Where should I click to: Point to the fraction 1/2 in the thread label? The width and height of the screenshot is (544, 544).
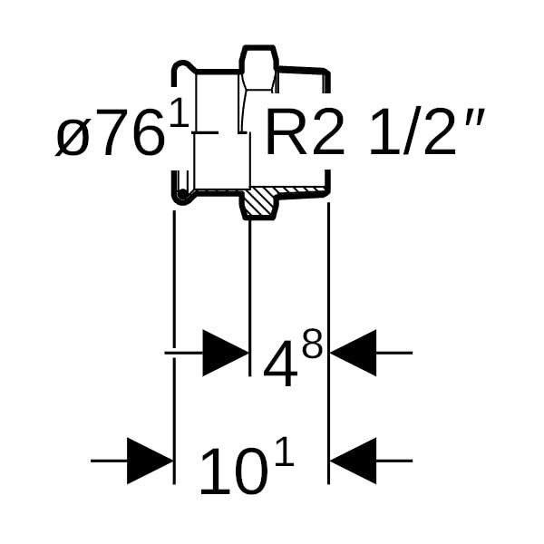pos(405,135)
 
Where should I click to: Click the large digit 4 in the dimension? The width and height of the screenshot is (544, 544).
pos(280,366)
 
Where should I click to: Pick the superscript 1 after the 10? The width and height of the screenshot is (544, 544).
pos(284,451)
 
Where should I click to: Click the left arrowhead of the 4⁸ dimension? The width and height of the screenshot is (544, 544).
pos(225,352)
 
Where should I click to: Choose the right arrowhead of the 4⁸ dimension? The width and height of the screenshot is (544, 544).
pos(353,352)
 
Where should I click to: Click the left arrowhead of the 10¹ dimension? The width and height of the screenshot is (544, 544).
pos(150,461)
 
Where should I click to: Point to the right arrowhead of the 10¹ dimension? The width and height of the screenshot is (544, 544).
pos(353,461)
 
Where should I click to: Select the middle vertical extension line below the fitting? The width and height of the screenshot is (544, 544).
pos(249,290)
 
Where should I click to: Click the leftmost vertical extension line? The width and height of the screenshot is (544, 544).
pos(173,290)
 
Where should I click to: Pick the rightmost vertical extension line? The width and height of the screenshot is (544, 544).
pos(328,290)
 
